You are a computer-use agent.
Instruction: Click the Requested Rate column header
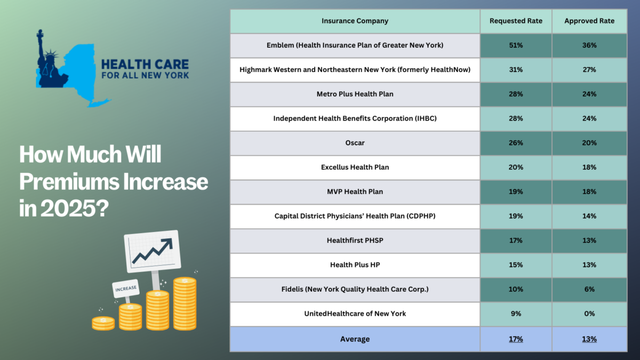(x=516, y=21)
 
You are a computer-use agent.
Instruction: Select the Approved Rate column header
(x=589, y=21)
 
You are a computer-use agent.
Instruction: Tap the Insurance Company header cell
(x=355, y=21)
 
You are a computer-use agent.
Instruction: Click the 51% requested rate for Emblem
(x=516, y=45)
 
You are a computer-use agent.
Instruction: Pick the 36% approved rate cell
(x=589, y=45)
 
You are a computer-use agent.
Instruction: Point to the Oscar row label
(x=355, y=143)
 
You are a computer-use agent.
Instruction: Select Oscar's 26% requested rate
(x=516, y=143)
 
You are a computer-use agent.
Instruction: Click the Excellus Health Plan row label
(x=355, y=167)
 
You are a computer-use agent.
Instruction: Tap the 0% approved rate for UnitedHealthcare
(x=589, y=314)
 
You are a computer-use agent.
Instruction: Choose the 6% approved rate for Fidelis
(x=589, y=289)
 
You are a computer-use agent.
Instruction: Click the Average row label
(x=355, y=339)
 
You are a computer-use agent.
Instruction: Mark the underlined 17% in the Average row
(x=516, y=339)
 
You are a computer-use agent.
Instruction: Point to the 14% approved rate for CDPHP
(x=589, y=216)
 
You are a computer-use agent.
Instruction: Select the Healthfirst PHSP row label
(x=355, y=241)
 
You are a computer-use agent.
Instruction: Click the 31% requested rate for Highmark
(x=516, y=70)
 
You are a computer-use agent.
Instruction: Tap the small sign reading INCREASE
(x=126, y=289)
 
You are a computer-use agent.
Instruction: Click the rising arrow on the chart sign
(x=153, y=251)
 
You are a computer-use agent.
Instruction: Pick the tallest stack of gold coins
(x=185, y=303)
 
